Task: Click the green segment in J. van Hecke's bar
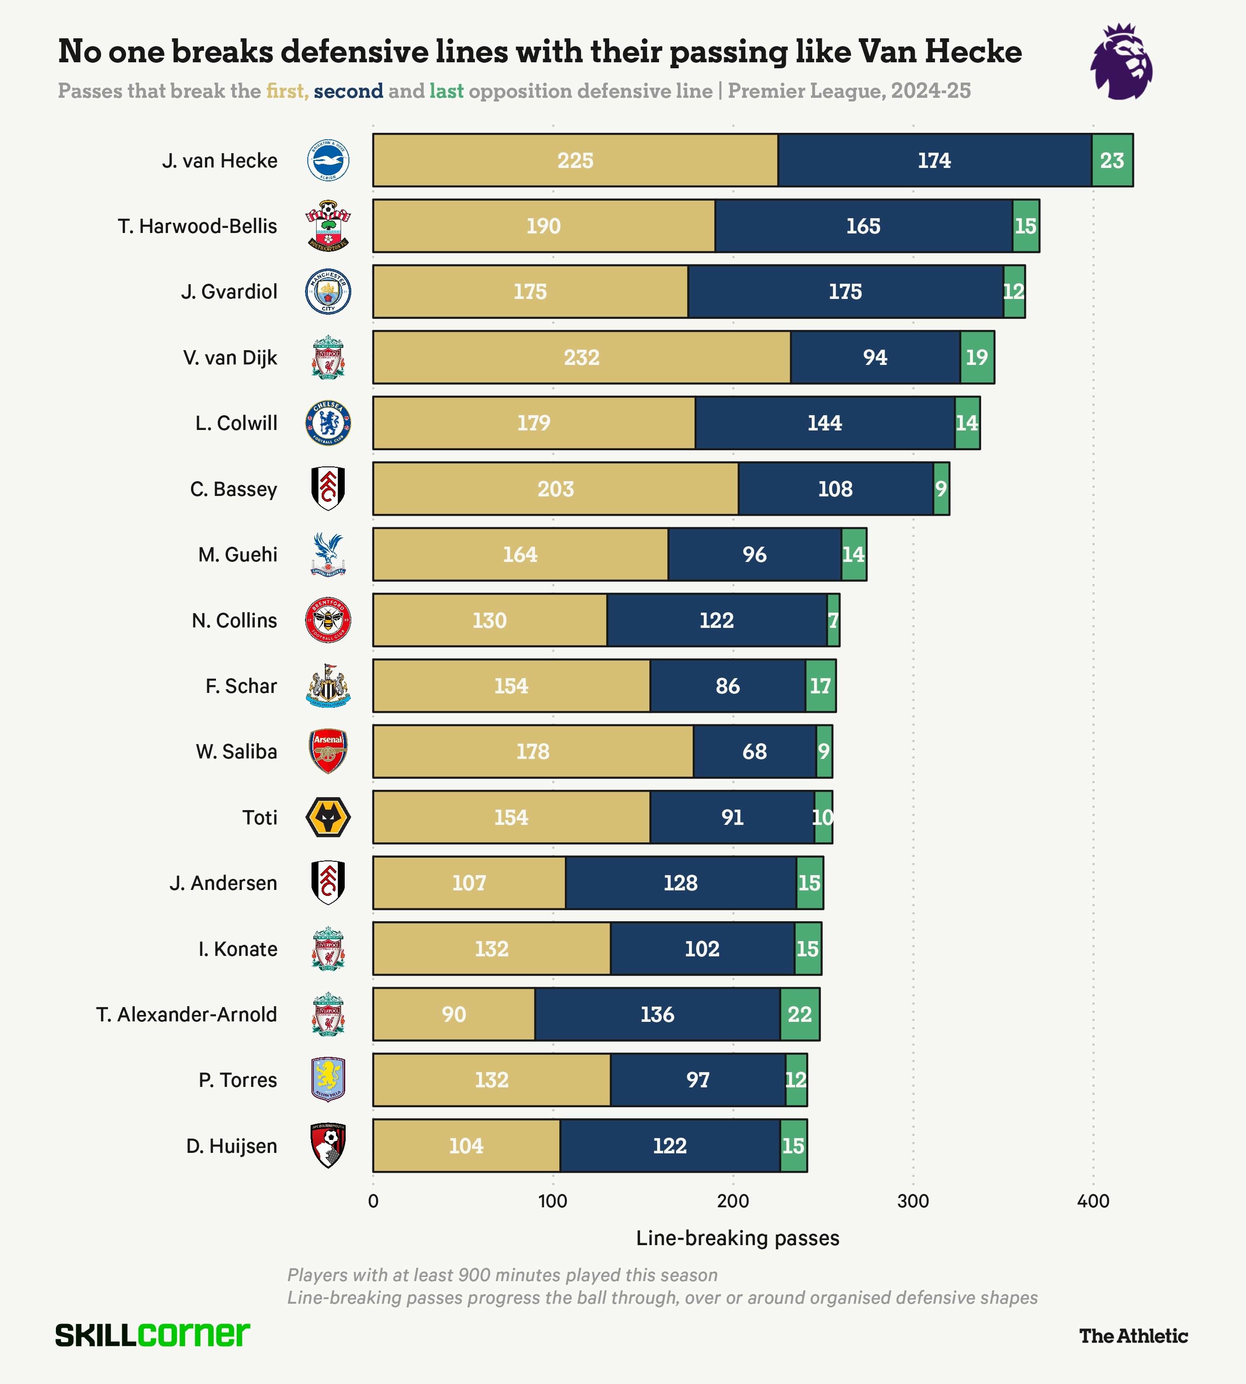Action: [1113, 160]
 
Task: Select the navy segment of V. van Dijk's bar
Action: [875, 357]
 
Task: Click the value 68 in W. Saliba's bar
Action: [755, 752]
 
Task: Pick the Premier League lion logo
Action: [1121, 62]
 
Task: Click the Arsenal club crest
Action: [328, 751]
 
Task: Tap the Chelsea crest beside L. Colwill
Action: [328, 423]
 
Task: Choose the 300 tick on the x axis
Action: [913, 1200]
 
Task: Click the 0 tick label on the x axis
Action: [373, 1200]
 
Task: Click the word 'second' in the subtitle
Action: [348, 91]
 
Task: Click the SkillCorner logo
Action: [153, 1334]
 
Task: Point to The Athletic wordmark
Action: [1134, 1336]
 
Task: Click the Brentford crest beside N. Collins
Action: [328, 620]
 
